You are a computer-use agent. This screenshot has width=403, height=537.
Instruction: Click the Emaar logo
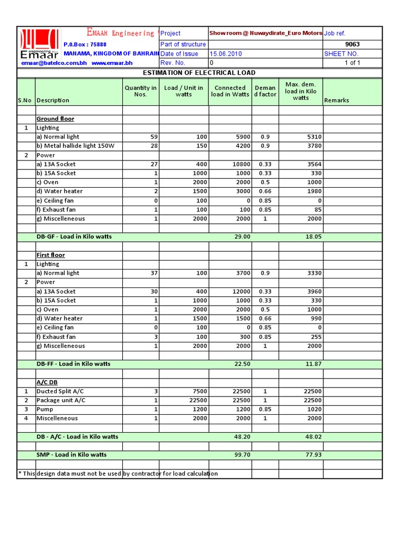(39, 45)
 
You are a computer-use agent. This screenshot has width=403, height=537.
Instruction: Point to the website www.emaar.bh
(112, 63)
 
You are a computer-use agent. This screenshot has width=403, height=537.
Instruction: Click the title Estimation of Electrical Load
(199, 73)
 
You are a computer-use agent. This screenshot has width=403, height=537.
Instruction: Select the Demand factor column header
(265, 91)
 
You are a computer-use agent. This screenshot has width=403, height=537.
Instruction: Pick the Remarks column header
(336, 100)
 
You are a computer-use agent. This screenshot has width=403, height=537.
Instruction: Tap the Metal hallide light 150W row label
(75, 146)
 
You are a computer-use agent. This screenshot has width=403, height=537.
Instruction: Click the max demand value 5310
(314, 137)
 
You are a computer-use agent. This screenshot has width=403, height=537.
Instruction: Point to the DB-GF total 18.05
(313, 237)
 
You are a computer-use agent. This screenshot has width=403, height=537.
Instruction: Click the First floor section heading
(51, 255)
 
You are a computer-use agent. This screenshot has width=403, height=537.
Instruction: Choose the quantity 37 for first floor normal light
(154, 273)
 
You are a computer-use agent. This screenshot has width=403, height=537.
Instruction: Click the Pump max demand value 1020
(314, 410)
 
